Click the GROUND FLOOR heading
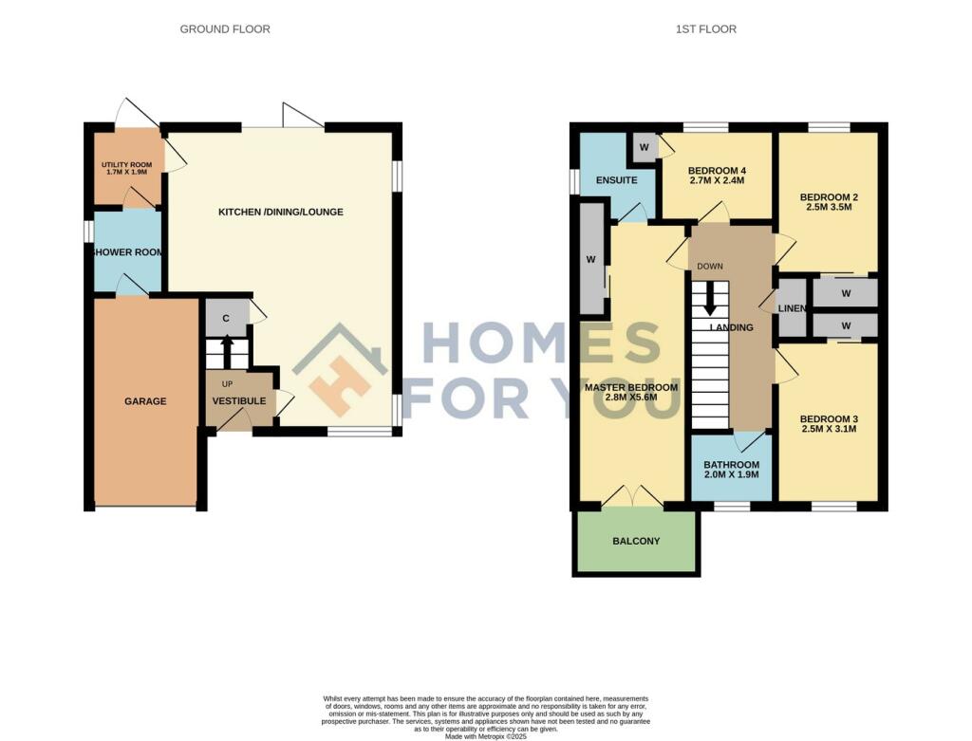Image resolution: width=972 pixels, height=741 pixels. [225, 29]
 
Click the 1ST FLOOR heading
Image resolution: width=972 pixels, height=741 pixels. [705, 29]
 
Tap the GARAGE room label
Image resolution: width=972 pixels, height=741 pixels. [145, 401]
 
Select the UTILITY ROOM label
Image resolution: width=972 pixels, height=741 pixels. [127, 168]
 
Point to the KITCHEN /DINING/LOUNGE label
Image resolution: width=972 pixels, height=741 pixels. [281, 212]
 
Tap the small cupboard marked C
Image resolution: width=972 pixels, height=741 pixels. [226, 318]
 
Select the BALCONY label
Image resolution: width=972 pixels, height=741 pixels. [636, 541]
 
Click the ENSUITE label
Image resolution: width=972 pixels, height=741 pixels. [616, 180]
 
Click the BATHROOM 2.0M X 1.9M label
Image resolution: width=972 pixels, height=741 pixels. [731, 469]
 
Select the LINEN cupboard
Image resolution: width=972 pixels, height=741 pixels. [792, 308]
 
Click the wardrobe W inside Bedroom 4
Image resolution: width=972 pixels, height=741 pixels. [644, 147]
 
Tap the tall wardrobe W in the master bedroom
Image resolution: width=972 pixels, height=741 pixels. [591, 259]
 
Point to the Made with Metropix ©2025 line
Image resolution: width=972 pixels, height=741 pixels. [485, 735]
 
